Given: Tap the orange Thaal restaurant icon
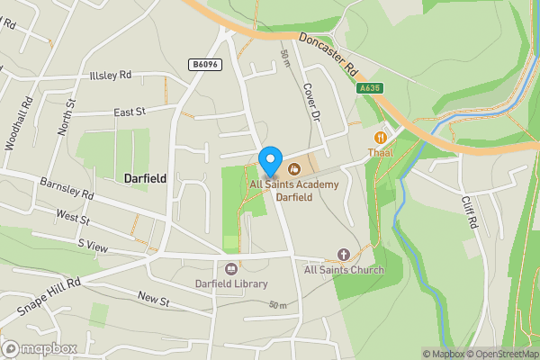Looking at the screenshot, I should pos(381,137).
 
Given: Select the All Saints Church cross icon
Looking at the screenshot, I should pos(343,255).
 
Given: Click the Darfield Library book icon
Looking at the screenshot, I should pos(230,268).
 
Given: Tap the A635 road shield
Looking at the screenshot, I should pos(370,88).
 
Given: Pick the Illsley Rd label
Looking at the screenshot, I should pos(110,76).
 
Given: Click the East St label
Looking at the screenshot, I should pos(130,112).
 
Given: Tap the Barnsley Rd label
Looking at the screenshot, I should pos(67,188).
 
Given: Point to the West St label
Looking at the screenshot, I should pos(72,217).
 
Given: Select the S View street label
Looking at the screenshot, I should pos(92,244).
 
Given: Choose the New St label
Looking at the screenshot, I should pos(153,298).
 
